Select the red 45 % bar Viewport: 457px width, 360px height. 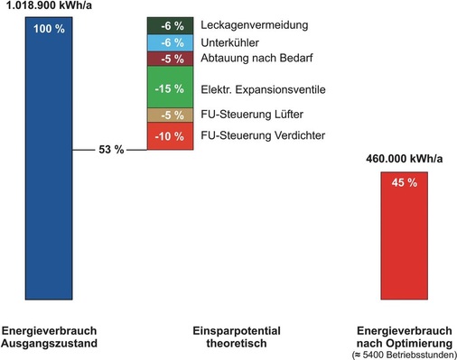[x=405, y=234]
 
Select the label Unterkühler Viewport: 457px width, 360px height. [x=231, y=43]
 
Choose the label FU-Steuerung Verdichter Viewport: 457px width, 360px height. [x=262, y=136]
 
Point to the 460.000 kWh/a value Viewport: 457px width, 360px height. [x=405, y=159]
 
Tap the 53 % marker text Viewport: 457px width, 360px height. [x=112, y=149]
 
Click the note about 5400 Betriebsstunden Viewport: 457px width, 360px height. [x=405, y=354]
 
